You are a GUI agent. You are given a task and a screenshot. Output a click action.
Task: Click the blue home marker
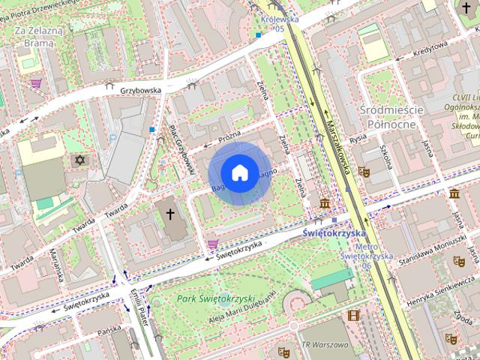point(238,172)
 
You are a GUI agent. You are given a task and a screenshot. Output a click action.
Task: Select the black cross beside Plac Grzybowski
point(170,214)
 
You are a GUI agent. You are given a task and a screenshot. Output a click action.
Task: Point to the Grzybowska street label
point(141,91)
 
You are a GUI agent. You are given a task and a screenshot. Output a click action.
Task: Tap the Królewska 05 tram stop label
point(277,23)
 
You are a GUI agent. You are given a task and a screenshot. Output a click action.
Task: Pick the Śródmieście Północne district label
point(391,116)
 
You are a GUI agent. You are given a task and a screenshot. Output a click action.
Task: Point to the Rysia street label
point(358,139)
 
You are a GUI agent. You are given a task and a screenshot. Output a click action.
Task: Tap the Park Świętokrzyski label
point(217,298)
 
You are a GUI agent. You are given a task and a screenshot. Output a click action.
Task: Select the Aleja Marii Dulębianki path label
point(239,310)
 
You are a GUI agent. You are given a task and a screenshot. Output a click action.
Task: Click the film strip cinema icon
point(353,316)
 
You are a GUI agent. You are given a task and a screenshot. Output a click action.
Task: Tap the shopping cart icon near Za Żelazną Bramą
point(35,83)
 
